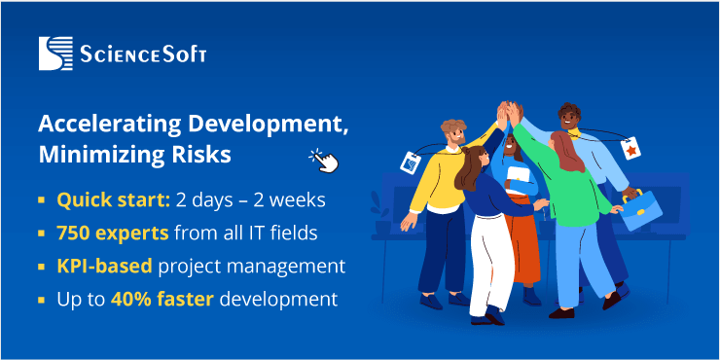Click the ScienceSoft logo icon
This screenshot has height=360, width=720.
(x=55, y=54)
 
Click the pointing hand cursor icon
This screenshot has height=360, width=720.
(x=324, y=160)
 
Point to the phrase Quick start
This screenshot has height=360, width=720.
(x=112, y=200)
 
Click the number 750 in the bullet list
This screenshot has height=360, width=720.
(x=73, y=234)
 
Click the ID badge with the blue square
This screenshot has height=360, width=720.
(x=410, y=163)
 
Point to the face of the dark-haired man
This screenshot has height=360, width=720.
(x=568, y=120)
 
